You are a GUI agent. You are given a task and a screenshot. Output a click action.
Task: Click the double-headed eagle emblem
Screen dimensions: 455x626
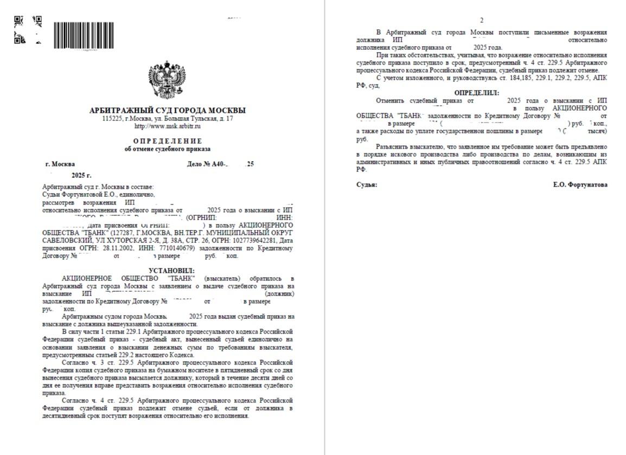(x=167, y=81)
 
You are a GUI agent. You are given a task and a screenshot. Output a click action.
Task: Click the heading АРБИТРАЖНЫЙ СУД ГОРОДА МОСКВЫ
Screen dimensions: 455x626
(x=167, y=111)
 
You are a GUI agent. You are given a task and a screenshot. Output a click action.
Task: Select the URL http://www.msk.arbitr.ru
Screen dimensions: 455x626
(x=167, y=126)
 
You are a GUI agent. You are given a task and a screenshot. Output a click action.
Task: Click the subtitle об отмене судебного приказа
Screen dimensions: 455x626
(x=167, y=149)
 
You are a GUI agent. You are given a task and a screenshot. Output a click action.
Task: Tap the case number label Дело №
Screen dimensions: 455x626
(x=198, y=164)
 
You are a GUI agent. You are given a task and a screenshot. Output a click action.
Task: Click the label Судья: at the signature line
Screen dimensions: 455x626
(x=367, y=184)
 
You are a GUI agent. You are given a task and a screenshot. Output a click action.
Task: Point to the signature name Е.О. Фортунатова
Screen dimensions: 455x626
(x=580, y=184)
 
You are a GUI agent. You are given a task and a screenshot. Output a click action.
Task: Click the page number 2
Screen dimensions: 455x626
(x=482, y=20)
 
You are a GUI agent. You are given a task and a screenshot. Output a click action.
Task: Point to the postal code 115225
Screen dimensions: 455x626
(x=112, y=118)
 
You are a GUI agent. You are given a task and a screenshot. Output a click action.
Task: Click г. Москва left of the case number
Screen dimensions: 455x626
(x=60, y=164)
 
